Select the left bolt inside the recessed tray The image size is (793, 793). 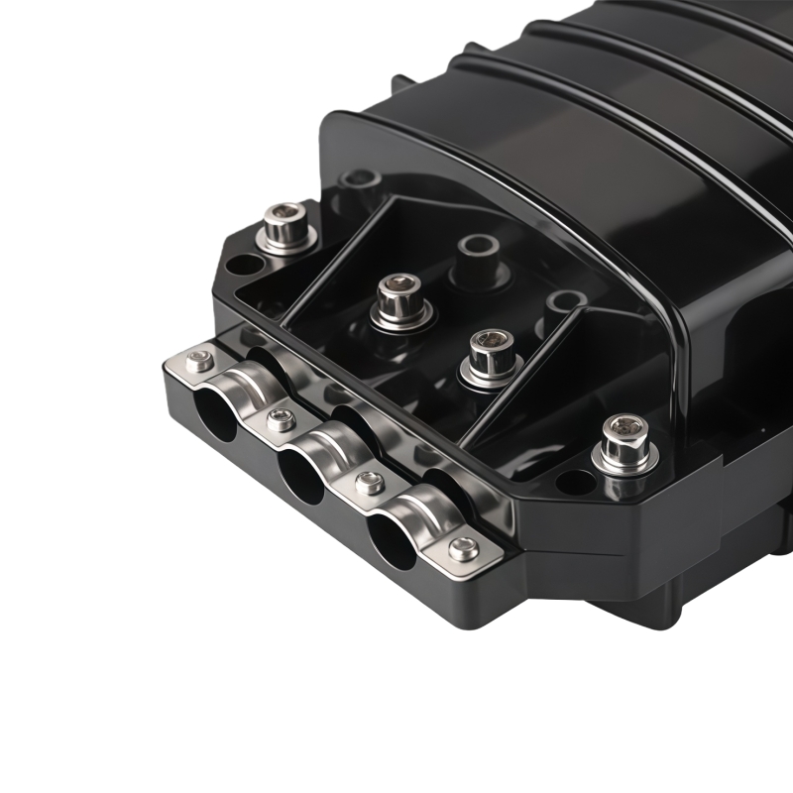401,295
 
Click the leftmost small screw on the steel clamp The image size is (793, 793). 200,361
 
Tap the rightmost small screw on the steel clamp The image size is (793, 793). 464,547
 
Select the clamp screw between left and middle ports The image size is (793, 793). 282,419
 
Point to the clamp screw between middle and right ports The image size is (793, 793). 370,484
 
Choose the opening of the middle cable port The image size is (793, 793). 300,477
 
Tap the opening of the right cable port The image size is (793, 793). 393,542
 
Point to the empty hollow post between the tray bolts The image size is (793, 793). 478,248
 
